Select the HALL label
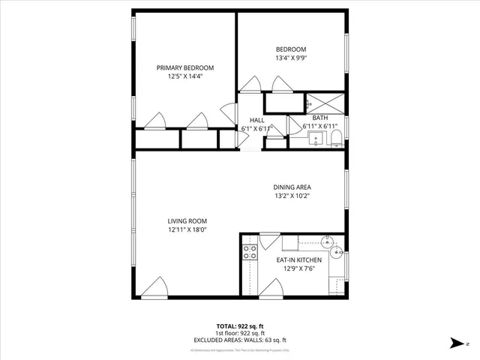[257, 120]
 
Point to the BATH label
[320, 118]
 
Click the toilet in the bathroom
[336, 136]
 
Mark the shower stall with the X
[325, 103]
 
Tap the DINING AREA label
[292, 187]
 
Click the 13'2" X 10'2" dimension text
[292, 196]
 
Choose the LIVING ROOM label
[187, 220]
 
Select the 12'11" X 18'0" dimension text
[187, 229]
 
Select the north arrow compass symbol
[456, 343]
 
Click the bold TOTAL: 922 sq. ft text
[241, 326]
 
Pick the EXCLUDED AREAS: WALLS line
[241, 339]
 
